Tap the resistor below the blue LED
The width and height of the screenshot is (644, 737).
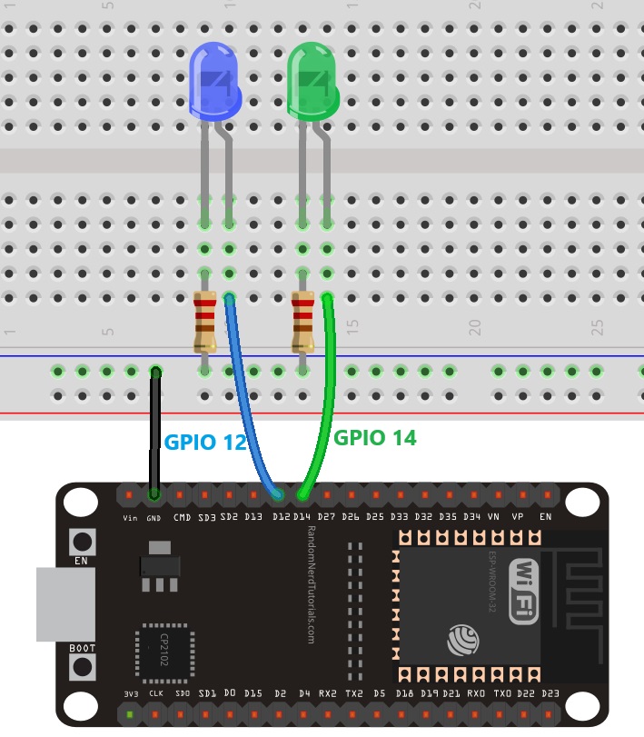point(204,322)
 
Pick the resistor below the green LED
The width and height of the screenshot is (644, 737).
point(302,322)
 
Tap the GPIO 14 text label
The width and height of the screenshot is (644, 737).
point(374,437)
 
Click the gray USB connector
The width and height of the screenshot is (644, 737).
point(64,604)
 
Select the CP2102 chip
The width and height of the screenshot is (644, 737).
point(163,650)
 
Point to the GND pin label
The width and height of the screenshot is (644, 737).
point(154,518)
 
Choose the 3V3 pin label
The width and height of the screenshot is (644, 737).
point(131,693)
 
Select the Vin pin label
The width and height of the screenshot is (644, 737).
point(130,518)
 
